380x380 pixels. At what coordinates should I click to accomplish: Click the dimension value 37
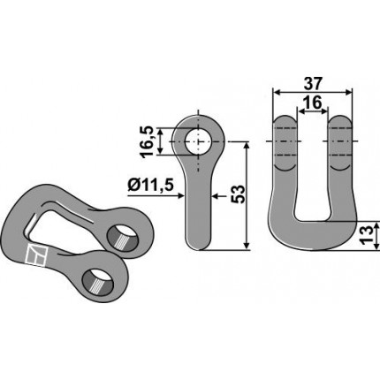[313, 84]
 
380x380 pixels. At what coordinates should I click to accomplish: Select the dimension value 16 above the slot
[312, 103]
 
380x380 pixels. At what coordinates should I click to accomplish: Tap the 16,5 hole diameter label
[148, 141]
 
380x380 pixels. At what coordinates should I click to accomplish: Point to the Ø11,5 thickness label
[150, 186]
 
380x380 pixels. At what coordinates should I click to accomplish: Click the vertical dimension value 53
[238, 194]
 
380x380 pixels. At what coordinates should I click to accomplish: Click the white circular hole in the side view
[198, 141]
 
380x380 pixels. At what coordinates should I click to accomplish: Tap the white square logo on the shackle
[36, 255]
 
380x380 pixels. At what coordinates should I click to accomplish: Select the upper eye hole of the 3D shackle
[123, 238]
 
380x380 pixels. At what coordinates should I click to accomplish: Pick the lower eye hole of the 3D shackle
[98, 281]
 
